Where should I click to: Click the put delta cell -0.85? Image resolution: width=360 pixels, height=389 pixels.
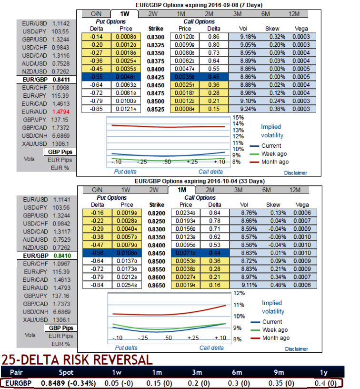(x=98, y=109)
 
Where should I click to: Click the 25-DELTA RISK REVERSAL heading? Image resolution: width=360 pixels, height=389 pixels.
(x=77, y=359)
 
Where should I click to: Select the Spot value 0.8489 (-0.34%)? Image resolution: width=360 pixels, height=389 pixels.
(x=69, y=383)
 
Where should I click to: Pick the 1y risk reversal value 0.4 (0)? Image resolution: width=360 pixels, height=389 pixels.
(x=325, y=383)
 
